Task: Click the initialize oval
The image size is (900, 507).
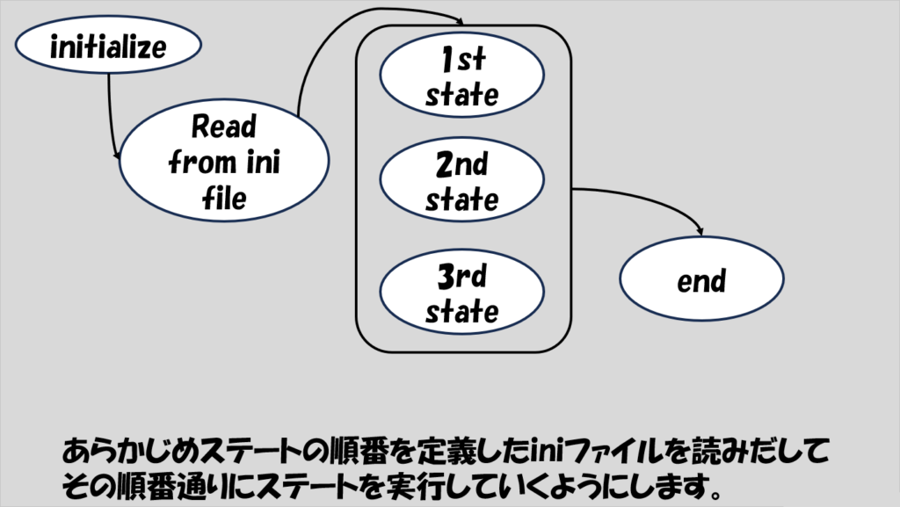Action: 108,46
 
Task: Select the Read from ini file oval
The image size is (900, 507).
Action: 224,163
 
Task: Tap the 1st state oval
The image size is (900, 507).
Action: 462,77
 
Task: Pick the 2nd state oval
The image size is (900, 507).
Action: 462,181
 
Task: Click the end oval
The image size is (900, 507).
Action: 702,280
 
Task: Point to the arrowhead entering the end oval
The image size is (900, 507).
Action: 700,231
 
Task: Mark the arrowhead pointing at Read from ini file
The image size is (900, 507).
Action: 118,156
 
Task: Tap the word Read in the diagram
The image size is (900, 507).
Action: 224,127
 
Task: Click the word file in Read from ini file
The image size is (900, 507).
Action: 224,199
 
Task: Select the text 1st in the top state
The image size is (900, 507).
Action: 462,62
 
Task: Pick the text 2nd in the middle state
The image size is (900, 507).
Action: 462,165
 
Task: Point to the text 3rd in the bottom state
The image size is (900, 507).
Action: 462,278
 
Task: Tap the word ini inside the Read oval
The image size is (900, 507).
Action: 262,163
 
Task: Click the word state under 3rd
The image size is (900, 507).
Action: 462,312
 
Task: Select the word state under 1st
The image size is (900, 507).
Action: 462,95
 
